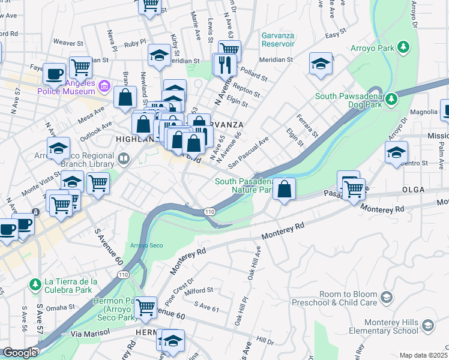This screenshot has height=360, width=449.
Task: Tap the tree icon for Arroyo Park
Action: coord(404,46)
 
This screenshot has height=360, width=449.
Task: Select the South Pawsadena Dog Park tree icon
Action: coord(391,98)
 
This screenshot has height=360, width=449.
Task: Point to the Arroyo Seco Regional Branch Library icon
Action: coord(124,159)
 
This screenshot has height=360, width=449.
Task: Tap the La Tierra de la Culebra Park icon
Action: coord(35,283)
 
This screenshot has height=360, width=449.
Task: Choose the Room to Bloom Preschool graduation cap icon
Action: coord(387,297)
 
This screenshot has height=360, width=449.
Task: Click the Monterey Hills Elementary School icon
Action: coord(427,326)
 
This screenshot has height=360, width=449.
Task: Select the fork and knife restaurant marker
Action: coord(226,64)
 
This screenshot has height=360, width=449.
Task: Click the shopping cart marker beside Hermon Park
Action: coord(145,308)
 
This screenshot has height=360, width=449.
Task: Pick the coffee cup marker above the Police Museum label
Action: coord(54,73)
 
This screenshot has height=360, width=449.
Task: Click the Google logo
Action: coord(20,353)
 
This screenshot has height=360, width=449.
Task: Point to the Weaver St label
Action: coord(67,43)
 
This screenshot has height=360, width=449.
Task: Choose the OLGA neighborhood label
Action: coord(413,190)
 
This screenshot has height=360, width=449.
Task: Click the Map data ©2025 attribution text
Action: coord(423,355)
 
